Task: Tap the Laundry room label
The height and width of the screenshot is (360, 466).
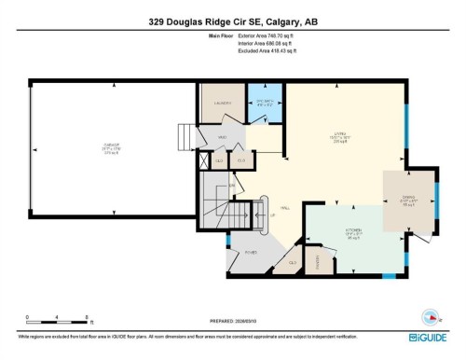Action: click(x=222, y=104)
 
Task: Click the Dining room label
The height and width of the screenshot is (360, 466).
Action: click(x=408, y=198)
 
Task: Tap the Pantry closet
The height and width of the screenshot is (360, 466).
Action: click(x=320, y=260)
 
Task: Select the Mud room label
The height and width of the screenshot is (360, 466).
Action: click(x=223, y=137)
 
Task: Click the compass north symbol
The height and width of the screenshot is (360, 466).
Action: click(x=431, y=314)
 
